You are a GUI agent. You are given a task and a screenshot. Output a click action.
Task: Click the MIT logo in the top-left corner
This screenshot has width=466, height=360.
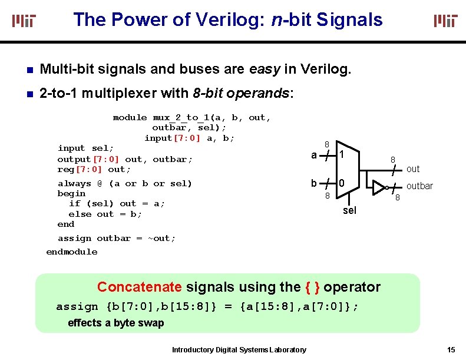(24, 21)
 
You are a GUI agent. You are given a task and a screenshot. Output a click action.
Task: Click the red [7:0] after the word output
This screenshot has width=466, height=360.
(106, 159)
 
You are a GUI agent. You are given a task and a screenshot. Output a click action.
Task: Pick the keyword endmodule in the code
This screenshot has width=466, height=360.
(72, 252)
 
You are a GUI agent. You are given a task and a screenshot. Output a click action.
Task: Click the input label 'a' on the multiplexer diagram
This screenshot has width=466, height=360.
(314, 156)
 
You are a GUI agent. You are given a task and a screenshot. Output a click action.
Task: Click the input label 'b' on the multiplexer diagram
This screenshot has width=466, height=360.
(314, 183)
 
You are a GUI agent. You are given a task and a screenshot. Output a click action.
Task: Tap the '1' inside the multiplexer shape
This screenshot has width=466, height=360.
(341, 155)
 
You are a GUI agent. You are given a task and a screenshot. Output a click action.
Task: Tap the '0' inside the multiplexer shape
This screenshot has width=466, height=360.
(341, 183)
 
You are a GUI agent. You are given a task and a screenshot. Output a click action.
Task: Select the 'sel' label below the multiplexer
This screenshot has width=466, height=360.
(349, 210)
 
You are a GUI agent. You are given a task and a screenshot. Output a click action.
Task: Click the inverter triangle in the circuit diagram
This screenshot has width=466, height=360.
(378, 187)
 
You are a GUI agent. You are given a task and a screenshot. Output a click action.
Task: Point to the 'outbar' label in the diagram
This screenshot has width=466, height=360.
(419, 186)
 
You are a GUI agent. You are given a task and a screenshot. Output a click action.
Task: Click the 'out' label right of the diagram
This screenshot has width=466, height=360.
(413, 169)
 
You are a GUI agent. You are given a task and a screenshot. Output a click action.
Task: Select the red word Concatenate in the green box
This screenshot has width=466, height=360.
(139, 287)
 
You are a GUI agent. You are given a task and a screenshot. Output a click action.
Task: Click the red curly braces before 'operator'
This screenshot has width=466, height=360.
(313, 287)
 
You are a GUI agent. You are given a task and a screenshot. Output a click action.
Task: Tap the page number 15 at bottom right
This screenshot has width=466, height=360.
(451, 349)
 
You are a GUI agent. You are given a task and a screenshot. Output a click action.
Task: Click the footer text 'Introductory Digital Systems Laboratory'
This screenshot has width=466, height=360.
(239, 350)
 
